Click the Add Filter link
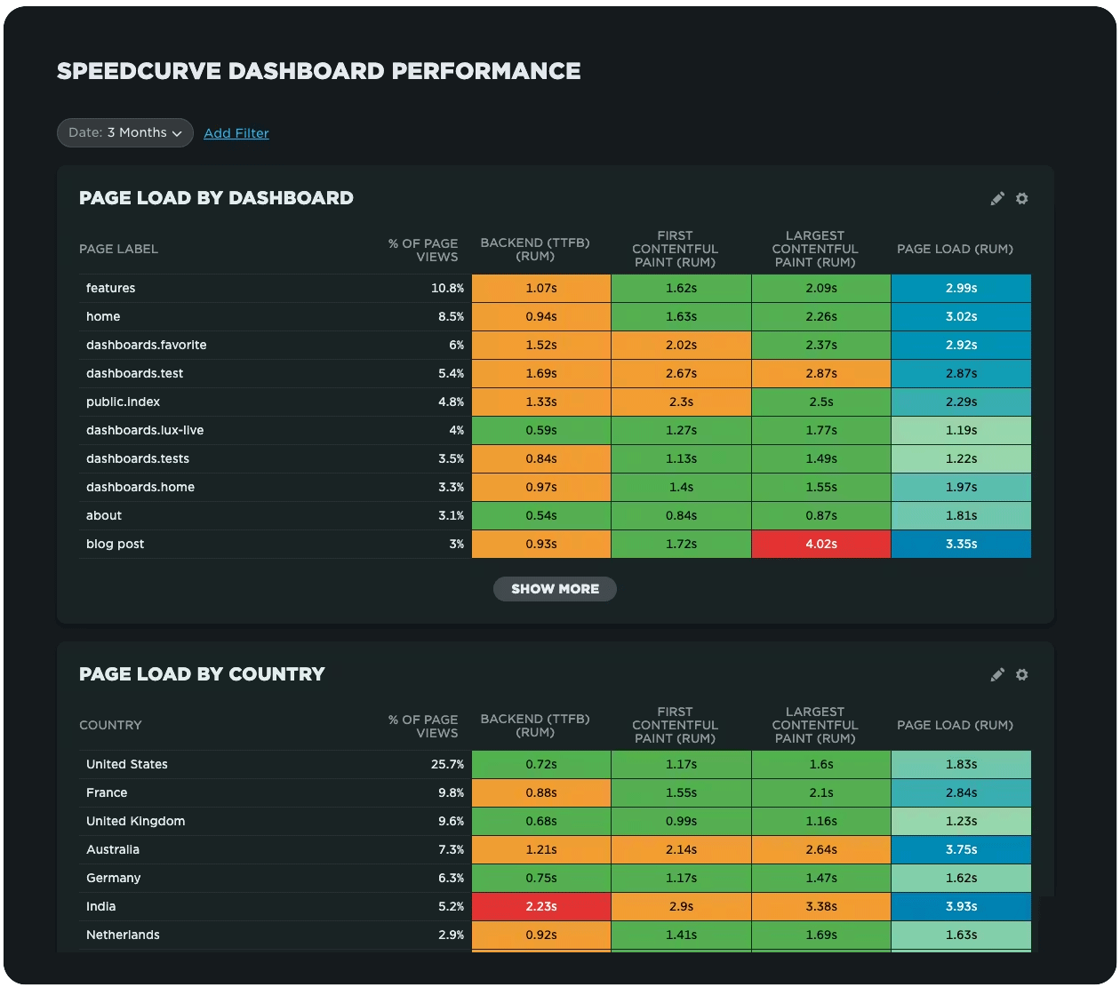[236, 133]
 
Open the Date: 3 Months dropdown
[125, 132]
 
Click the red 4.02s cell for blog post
[820, 544]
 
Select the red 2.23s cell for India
[540, 906]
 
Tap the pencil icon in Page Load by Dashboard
[997, 199]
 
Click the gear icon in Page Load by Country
[1022, 674]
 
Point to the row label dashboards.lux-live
[145, 430]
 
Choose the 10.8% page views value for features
[447, 288]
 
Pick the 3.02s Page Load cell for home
[961, 316]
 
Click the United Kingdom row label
[135, 821]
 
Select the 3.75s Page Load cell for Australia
[961, 849]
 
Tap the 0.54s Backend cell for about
[540, 515]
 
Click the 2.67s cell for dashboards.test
[681, 373]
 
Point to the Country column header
[110, 725]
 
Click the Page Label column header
[118, 249]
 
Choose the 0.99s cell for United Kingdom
[681, 821]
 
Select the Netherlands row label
[123, 935]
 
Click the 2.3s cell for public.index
[681, 402]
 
